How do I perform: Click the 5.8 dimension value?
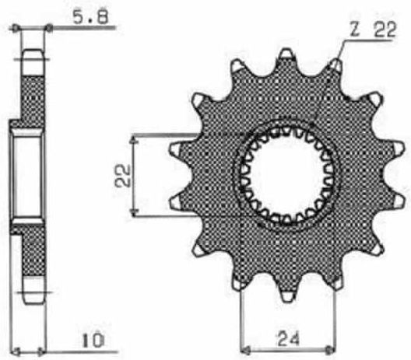[x=90, y=17]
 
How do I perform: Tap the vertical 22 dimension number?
[x=122, y=176]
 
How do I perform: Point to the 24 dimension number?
[x=288, y=339]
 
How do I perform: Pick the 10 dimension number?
[x=93, y=341]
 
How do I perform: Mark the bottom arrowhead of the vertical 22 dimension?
[x=134, y=211]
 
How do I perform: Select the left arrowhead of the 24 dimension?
[x=245, y=350]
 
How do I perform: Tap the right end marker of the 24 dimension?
[x=329, y=350]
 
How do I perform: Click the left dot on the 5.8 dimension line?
[x=16, y=27]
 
